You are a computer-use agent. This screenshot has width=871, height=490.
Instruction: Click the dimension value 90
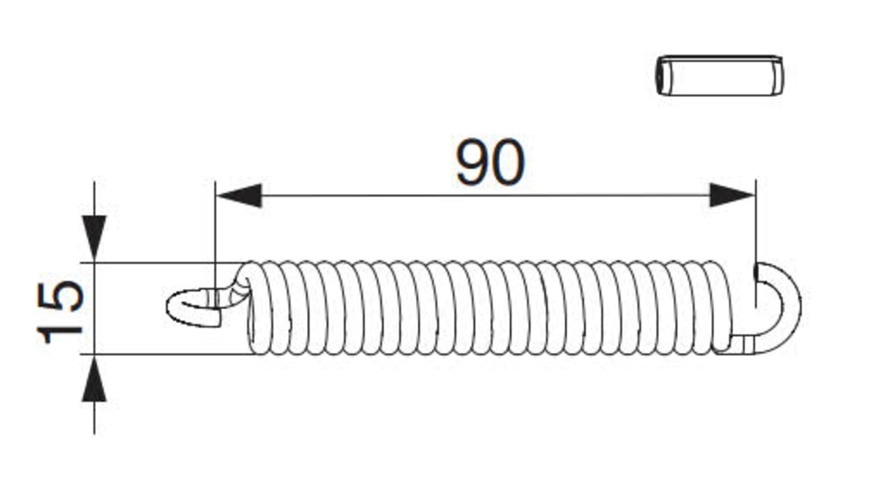(x=490, y=162)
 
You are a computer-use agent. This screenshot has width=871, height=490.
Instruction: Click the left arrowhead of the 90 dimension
(x=240, y=196)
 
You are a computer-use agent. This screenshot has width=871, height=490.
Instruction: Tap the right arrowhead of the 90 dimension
(x=731, y=196)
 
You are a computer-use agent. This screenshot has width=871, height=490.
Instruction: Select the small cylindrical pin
(x=719, y=76)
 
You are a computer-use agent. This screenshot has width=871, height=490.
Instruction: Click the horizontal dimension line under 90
(x=485, y=196)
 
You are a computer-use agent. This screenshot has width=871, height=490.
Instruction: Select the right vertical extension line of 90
(x=755, y=227)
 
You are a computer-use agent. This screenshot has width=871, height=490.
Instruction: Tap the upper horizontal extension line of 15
(x=163, y=263)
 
